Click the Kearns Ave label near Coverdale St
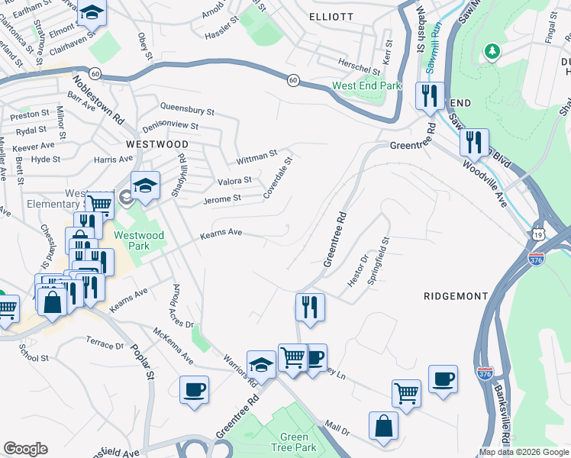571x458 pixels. (221, 232)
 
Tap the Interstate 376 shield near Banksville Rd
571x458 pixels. (485, 373)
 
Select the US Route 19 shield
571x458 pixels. (539, 239)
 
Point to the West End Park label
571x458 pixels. (366, 85)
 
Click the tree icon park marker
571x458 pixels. (493, 51)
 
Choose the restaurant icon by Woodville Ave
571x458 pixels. (474, 141)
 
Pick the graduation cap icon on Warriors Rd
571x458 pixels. (261, 364)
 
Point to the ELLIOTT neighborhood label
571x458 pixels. (331, 16)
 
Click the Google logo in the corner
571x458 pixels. (25, 449)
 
